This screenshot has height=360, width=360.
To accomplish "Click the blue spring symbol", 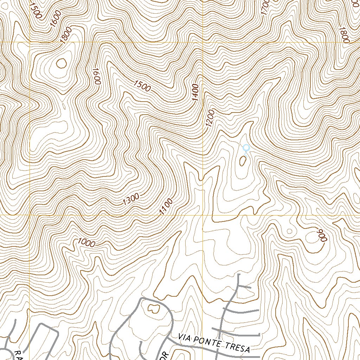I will tap(246, 148).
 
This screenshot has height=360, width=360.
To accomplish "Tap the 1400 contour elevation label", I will tap(196, 92).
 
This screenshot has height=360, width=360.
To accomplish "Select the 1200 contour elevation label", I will tap(211, 119).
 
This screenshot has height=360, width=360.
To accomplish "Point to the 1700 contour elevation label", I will tap(265, 7).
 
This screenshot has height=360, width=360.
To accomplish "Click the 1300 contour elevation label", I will tap(131, 199).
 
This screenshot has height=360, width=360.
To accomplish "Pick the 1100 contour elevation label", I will tap(166, 206).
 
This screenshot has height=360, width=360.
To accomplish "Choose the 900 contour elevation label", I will tap(322, 235).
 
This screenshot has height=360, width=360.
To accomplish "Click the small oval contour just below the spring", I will tap(243, 161).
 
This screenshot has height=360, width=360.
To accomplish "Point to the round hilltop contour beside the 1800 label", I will tap(61, 63).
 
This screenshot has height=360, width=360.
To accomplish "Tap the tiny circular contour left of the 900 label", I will tap(289, 231).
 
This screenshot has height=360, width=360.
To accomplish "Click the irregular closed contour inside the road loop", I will tap(153, 309).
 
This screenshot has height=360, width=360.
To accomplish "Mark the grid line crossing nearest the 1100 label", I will tap(203, 215).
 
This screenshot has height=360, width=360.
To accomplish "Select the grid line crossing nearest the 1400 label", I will tap(203, 43).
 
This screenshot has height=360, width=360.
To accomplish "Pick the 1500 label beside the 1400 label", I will tap(142, 86).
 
